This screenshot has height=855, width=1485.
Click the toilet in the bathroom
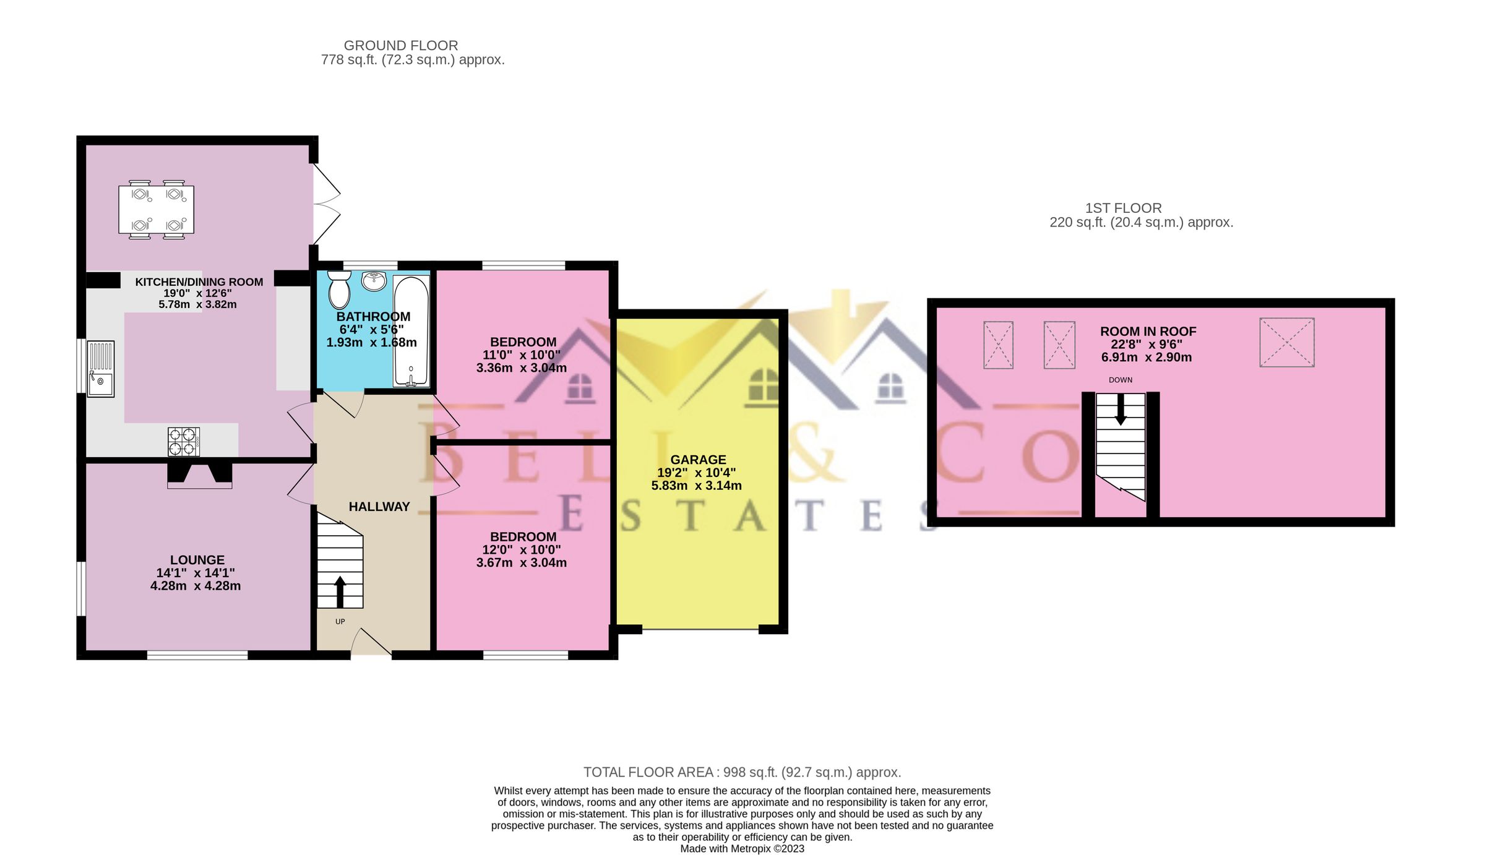[x=339, y=290]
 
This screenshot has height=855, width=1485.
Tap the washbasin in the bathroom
[x=374, y=281]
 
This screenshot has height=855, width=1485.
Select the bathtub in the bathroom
[x=411, y=331]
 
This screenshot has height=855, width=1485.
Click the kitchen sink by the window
[x=100, y=369]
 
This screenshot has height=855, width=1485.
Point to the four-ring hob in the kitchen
[x=184, y=442]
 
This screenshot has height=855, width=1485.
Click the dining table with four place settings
[x=156, y=210]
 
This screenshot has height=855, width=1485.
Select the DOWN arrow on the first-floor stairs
[x=1121, y=410]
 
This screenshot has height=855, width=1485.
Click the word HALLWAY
[x=379, y=507]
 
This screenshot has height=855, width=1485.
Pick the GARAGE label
[x=698, y=460]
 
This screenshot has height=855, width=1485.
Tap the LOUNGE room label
[x=197, y=560]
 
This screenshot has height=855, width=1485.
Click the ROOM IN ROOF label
[x=1148, y=332]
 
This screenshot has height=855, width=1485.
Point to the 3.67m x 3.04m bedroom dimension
[x=521, y=562]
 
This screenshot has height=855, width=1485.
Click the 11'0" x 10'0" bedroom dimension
[x=521, y=355]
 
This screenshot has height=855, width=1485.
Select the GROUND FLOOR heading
[x=400, y=46]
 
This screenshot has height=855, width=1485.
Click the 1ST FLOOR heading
[x=1123, y=208]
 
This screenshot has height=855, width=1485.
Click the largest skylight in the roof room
[x=1286, y=342]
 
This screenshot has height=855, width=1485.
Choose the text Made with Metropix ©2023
[x=742, y=849]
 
